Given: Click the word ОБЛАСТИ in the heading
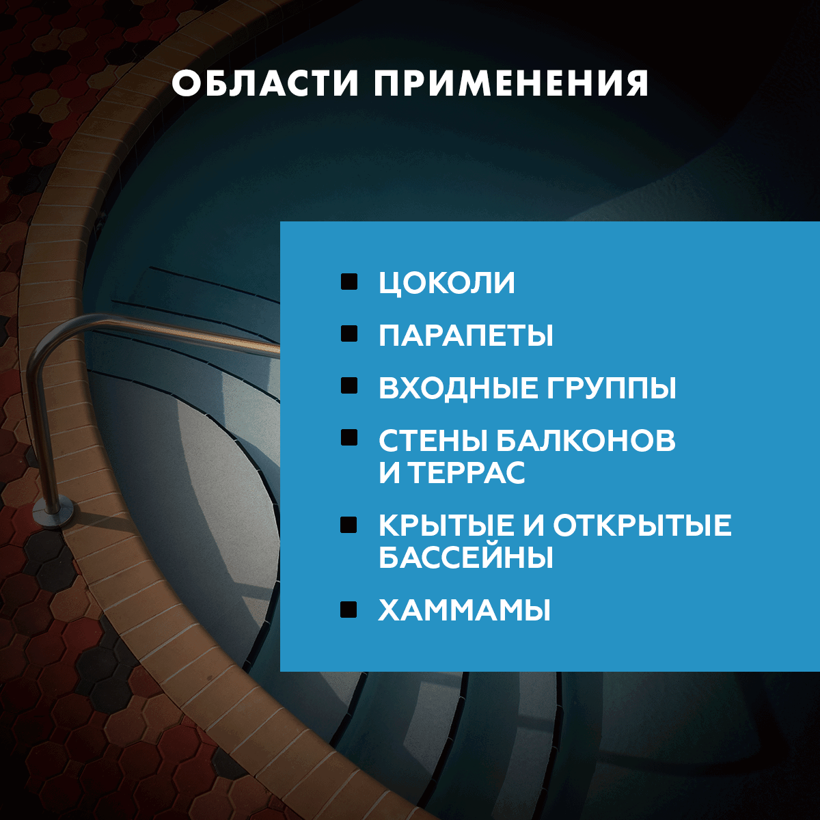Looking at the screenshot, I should coord(266,83).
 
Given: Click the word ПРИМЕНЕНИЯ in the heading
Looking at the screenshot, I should coord(511,83).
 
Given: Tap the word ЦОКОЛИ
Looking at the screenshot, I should coord(447,284).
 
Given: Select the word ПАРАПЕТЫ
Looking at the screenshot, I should coord(466,336).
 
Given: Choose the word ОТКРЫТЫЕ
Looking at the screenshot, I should coord(642,525).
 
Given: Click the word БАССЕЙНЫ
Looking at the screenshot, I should coord(466,558).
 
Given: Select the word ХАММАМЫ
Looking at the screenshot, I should coord(465,610).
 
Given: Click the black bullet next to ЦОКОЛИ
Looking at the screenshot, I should coord(349,282).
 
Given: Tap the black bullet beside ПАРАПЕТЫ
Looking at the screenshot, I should coord(349,333).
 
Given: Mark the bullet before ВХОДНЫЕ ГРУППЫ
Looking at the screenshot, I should coord(349,386).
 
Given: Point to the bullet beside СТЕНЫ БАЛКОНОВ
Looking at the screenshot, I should coord(349,438).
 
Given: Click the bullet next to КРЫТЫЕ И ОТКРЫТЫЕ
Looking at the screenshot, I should coord(349,524).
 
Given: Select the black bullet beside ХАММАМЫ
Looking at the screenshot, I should coord(349,609).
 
